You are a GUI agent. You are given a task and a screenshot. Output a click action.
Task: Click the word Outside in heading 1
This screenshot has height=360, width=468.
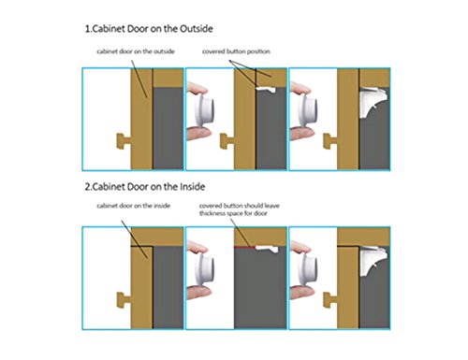197,29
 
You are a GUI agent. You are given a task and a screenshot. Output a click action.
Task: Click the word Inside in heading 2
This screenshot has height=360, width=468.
193,187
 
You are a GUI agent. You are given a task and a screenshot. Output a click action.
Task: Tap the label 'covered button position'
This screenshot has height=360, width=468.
236,51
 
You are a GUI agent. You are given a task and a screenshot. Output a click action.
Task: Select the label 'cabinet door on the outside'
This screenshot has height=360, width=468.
136,51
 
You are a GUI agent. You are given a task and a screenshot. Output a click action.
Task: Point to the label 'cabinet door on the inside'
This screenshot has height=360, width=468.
133,206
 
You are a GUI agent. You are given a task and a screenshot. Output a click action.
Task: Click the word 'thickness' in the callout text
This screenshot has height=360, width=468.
212,213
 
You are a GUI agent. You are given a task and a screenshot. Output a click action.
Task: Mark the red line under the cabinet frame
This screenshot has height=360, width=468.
245,247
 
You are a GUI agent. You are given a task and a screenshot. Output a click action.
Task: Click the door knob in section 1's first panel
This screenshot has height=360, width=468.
124,141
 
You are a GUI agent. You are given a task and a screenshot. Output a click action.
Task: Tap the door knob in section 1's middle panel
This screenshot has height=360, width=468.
227,141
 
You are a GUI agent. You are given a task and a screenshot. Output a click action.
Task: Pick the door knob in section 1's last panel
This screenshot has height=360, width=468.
330,141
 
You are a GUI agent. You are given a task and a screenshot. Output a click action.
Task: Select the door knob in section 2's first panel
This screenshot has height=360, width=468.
124,300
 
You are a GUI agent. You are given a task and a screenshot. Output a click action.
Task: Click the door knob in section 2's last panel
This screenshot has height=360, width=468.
330,300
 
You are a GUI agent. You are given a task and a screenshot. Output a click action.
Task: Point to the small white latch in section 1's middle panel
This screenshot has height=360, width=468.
266,90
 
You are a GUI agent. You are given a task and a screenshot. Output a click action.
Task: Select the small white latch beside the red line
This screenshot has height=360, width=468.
267,249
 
